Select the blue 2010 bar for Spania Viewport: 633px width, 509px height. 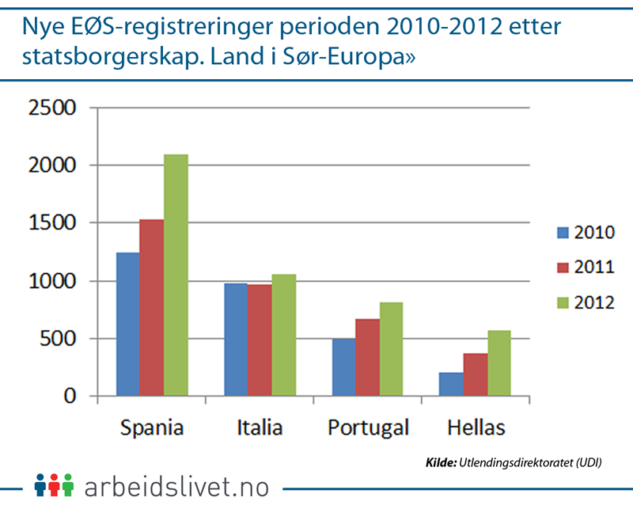[x=127, y=324]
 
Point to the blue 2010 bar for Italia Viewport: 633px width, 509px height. [x=236, y=340]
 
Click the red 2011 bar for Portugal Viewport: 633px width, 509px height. [x=368, y=357]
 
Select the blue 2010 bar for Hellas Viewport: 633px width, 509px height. [x=452, y=384]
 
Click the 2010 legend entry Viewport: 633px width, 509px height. [x=585, y=232]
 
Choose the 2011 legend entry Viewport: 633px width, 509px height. [x=585, y=267]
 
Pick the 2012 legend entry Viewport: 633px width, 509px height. [x=585, y=302]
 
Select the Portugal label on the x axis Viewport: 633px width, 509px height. [x=368, y=428]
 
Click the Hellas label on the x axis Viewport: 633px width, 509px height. [x=476, y=428]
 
